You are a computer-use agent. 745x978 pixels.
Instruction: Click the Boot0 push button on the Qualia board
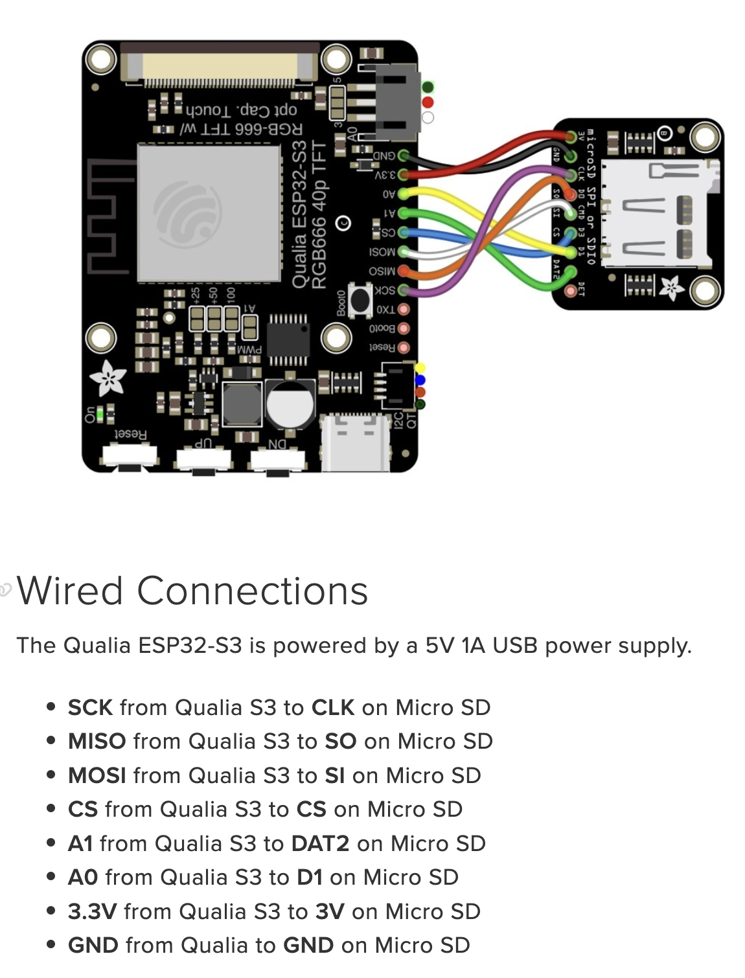pos(360,299)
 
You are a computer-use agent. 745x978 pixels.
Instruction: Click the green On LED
pos(111,413)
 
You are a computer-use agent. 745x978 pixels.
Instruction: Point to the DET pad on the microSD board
pos(570,291)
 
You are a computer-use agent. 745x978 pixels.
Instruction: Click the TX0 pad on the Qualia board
pos(404,310)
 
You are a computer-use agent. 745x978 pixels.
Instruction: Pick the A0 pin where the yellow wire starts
pos(404,194)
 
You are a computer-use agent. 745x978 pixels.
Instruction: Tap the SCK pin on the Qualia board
pos(404,290)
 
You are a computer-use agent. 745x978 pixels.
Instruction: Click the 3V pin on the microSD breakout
pos(570,137)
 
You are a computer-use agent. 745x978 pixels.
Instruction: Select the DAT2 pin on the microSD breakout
pos(570,271)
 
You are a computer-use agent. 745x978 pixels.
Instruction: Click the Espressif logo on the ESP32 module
pos(188,214)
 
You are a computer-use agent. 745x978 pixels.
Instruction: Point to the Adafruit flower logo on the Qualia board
pos(108,378)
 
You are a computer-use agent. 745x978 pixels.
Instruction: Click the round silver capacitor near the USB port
pos(290,404)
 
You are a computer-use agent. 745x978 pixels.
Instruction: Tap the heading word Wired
pos(70,591)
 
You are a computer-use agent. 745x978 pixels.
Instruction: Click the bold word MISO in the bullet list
pos(97,741)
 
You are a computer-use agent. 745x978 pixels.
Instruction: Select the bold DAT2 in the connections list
pos(320,843)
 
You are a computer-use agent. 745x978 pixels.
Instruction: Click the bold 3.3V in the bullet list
pos(92,911)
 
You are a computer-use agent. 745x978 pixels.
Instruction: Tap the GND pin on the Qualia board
pos(404,155)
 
